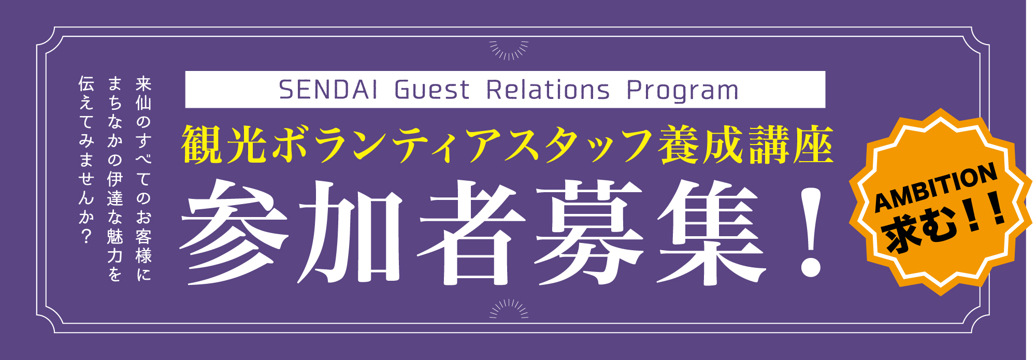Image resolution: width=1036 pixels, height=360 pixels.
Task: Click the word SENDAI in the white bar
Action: [328, 90]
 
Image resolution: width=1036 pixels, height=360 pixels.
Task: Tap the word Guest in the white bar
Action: [431, 90]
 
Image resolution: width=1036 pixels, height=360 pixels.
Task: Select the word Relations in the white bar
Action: [548, 90]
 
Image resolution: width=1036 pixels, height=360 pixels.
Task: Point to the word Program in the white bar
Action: [683, 91]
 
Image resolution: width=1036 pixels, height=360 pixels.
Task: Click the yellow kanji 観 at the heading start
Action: [201, 145]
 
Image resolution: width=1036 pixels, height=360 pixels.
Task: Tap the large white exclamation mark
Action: [810, 232]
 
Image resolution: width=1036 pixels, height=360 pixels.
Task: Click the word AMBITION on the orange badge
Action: [936, 188]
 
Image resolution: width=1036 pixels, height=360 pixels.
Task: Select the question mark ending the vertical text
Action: [86, 236]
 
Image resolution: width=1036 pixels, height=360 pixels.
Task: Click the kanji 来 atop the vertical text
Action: [143, 84]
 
